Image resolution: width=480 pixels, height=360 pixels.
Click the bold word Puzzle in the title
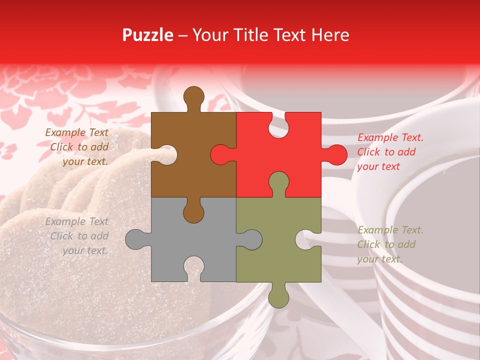pyautogui.click(x=147, y=35)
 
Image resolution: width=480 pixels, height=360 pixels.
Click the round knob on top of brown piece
pyautogui.click(x=194, y=96)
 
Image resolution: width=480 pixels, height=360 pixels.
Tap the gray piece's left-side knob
pyautogui.click(x=135, y=239)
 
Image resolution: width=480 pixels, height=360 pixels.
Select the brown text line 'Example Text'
pyautogui.click(x=76, y=132)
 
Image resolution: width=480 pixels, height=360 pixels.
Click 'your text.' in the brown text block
pyautogui.click(x=85, y=161)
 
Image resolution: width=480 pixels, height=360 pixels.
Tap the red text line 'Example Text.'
pyautogui.click(x=390, y=137)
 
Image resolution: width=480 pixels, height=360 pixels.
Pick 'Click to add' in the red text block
pyautogui.click(x=386, y=152)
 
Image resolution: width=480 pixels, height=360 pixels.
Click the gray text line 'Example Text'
pyautogui.click(x=76, y=221)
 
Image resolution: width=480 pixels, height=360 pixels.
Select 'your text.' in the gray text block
pyautogui.click(x=85, y=250)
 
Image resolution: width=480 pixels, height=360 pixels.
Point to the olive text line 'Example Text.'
pyautogui.click(x=390, y=230)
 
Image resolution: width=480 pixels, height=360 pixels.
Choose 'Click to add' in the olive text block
pyautogui.click(x=386, y=244)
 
